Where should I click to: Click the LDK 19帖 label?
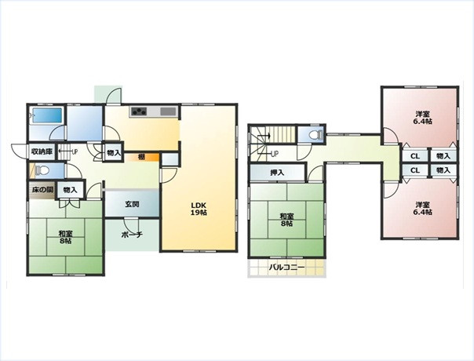pos(199,209)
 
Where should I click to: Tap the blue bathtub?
pos(47,115)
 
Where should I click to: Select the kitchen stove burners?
pos(139,111)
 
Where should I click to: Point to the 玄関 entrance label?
pos(132,204)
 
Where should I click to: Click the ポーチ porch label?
pos(132,235)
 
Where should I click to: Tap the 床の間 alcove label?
pos(42,190)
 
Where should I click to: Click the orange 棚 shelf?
pos(142,157)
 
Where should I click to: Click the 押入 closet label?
pos(277,173)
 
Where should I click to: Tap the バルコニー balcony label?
pos(287,268)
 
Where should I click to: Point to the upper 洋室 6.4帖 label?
pos(422,118)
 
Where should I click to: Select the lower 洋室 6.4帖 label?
pos(422,208)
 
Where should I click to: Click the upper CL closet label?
pos(415,156)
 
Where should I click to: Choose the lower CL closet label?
pos(415,170)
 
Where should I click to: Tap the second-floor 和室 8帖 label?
pos(286,220)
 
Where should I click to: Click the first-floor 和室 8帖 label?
pos(65,237)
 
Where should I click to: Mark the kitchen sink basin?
pos(168,111)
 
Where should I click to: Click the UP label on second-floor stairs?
pos(275,154)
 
